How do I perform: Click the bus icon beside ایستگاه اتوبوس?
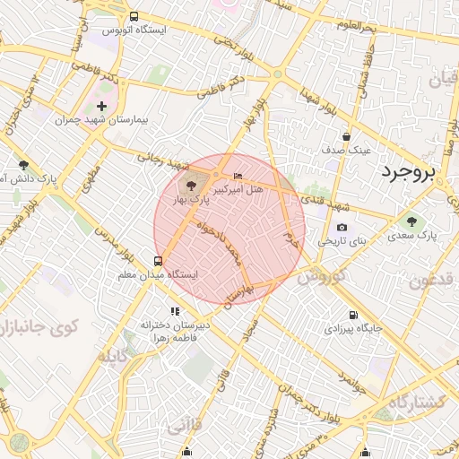(x=134, y=16)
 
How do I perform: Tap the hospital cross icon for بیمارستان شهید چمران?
(x=101, y=106)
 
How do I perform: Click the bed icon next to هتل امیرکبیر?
(x=237, y=175)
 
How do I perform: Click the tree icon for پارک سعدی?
(x=411, y=221)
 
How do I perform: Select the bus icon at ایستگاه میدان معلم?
(x=159, y=261)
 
